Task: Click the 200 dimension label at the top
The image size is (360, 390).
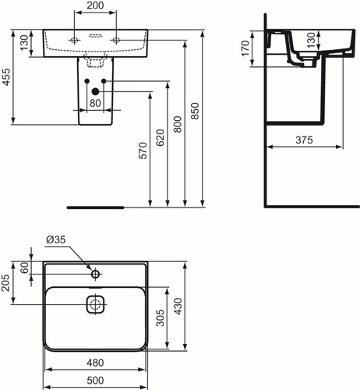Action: pos(95,5)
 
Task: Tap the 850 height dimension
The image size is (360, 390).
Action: pos(195,111)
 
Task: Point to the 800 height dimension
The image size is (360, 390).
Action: pos(178,125)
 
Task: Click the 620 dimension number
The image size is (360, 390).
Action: pos(161,137)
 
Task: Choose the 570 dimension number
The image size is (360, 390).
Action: pos(143,151)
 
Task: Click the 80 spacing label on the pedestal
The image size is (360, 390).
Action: pos(95,103)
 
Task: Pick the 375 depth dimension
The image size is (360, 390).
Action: pos(304,140)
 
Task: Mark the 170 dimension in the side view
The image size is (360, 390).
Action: pos(245,48)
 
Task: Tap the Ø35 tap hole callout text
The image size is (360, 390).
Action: pos(56,239)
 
